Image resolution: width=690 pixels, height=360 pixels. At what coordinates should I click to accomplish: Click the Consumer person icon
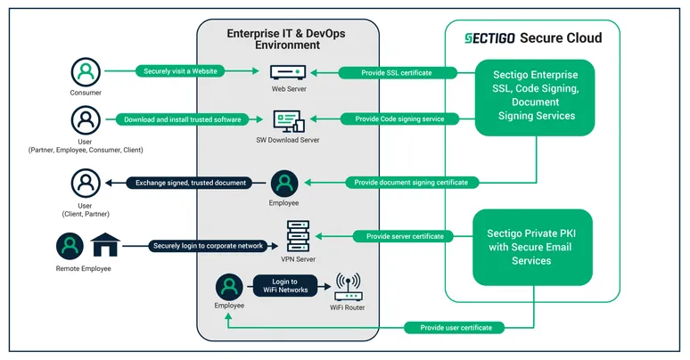(x=86, y=70)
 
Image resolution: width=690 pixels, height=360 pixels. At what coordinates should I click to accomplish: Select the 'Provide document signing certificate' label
(x=411, y=183)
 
